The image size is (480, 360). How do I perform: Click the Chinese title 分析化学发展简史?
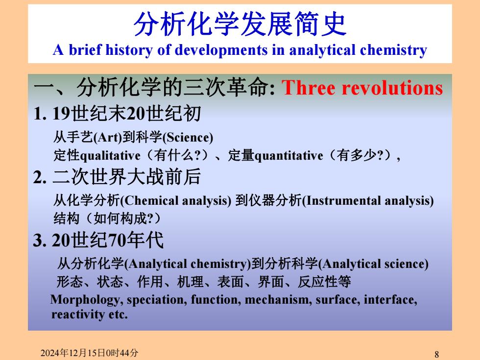[240, 24]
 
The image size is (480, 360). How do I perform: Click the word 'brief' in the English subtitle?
[84, 49]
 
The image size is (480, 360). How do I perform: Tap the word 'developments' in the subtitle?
[221, 50]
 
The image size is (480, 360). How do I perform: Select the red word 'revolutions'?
[392, 88]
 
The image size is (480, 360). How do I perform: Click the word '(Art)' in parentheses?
[107, 137]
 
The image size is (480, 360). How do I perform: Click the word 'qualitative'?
[110, 156]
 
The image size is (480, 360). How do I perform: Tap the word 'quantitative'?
[288, 156]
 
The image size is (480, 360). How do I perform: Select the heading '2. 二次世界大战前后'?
[117, 177]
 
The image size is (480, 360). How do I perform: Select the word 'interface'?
[390, 300]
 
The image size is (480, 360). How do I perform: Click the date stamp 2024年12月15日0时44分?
[89, 353]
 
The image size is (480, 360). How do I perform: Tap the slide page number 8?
[437, 354]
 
